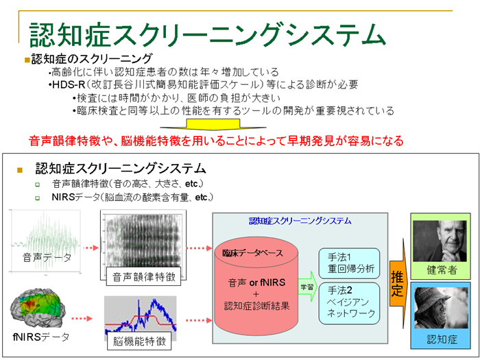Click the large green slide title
pos(207,34)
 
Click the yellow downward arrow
pos(213,124)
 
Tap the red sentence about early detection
pos(216,141)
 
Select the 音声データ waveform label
pos(47,257)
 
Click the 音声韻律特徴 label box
pos(143,276)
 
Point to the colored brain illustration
pos(38,307)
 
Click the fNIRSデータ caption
pos(41,337)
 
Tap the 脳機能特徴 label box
pos(139,341)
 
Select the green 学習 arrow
pos(308,287)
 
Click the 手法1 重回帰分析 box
pos(349,263)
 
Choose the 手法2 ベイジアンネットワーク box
pos(349,303)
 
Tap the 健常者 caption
pos(442,270)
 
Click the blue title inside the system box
pos(300,221)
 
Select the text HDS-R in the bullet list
pos(69,84)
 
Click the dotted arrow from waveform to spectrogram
pos(91,248)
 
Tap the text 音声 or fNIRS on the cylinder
pos(256,283)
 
